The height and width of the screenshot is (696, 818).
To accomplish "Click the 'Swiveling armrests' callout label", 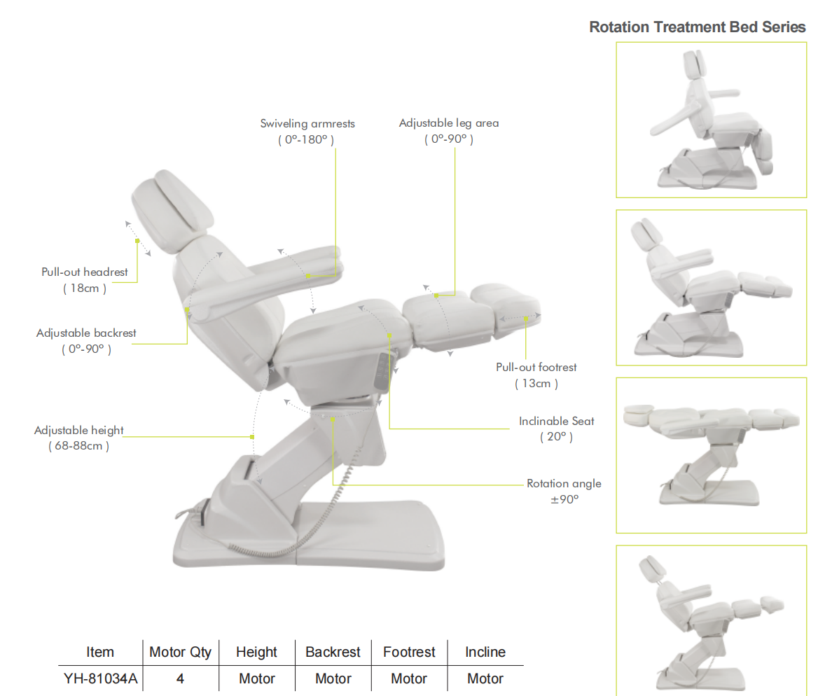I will pos(307,124).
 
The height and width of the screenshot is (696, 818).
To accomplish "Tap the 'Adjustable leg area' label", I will pos(449,123).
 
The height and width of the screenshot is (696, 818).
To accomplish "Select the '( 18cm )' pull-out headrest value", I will pos(85,288).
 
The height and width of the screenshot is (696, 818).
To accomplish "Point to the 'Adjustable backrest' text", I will pos(86,333).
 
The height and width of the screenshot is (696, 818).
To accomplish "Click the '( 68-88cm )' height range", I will pos(78,446).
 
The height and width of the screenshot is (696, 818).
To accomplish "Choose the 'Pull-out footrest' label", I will pos(536,367).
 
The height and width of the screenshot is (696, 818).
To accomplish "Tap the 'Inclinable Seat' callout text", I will pos(556,421).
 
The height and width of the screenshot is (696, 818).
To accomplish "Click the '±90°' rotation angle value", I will pos(564,500).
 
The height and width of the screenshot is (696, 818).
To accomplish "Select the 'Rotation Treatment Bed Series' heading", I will pos(697,27).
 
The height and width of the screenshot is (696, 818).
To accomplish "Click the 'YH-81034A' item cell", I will pos(100,678).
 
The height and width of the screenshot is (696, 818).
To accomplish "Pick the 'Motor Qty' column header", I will pos(180,652).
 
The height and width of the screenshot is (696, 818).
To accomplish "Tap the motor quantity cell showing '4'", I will pos(180,678).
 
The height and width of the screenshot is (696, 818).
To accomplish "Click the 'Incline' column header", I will pos(485,652).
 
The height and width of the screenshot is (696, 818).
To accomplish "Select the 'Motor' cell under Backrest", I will pos(333,678).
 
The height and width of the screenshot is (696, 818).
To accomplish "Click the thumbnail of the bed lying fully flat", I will pos(710,455).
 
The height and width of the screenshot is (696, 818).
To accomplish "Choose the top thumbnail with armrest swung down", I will pos(710,119).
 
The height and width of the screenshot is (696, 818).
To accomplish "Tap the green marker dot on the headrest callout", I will pos(137,241).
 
